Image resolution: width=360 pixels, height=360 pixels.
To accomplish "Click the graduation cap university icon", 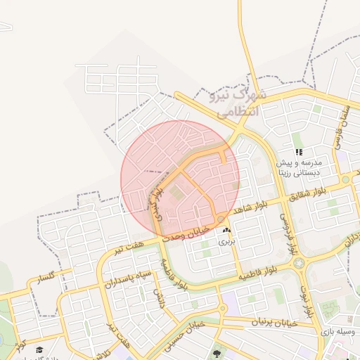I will pyautogui.click(x=40, y=349).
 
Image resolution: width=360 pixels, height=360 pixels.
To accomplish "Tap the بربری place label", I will pyautogui.click(x=225, y=241).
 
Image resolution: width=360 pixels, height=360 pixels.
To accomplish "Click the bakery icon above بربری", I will pyautogui.click(x=226, y=231).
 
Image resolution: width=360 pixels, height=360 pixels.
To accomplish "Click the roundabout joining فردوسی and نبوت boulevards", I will pyautogui.click(x=300, y=263).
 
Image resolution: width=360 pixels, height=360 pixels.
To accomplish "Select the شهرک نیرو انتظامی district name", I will pyautogui.click(x=236, y=102).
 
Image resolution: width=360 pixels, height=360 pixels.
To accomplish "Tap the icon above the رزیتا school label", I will pyautogui.click(x=299, y=152).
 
